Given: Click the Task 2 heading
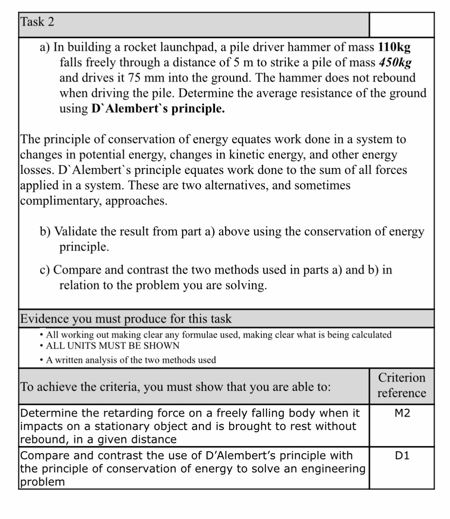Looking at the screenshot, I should coord(37,22).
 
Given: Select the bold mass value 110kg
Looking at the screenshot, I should coord(394,47).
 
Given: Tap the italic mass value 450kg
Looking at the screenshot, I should coord(395,62).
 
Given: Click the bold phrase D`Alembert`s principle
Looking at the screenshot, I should coord(158,109).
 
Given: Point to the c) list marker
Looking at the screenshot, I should coord(45,270).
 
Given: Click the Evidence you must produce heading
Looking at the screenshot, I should coord(126,319).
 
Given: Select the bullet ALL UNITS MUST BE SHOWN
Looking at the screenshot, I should coord(113,346).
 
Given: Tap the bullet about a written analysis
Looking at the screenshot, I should coord(131,360).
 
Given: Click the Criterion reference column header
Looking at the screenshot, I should coord(401,385).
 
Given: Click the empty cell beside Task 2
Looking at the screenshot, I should coord(401,25).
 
